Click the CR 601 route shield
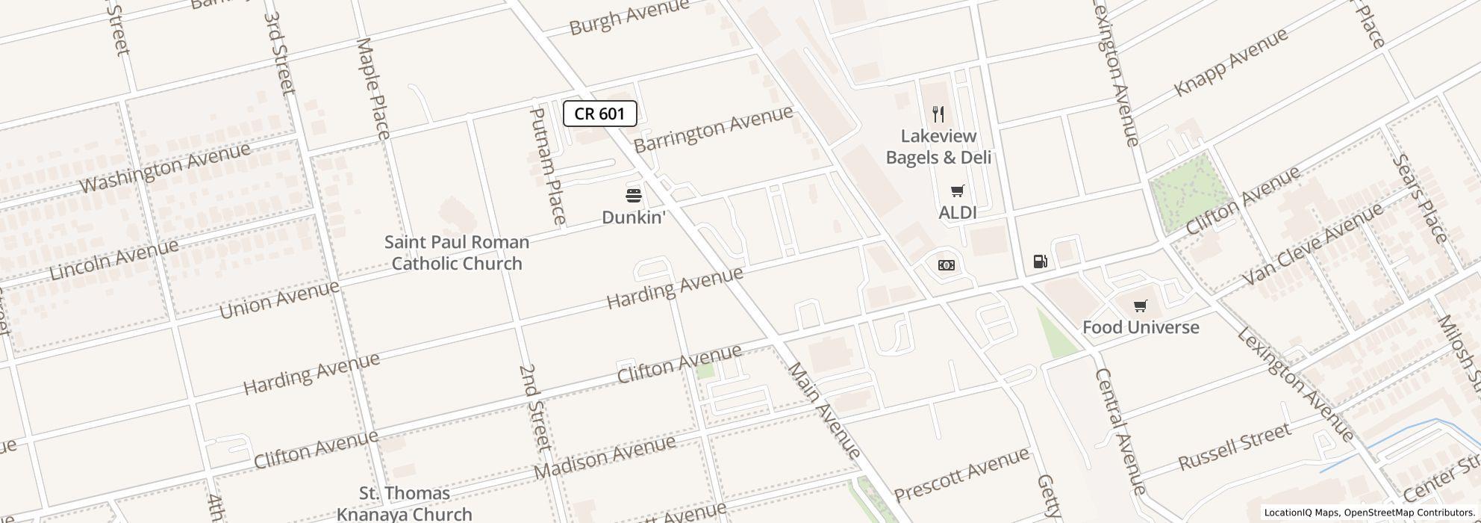point(599,114)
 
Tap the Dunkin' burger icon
point(634,196)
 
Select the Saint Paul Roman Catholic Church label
point(457,253)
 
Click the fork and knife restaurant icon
point(938,114)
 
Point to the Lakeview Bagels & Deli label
point(938,146)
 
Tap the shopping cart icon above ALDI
point(958,191)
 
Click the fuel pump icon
point(1040,261)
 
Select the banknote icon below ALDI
point(946,265)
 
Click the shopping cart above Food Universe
point(1140,306)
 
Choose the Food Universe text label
point(1141,327)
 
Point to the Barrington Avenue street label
point(714,129)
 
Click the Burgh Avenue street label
point(629,17)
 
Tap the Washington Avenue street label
point(165,168)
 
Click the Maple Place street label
point(373,88)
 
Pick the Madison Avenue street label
point(605,457)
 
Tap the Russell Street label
point(1234,446)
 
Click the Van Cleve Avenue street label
point(1312,244)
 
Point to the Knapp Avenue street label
point(1231,61)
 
